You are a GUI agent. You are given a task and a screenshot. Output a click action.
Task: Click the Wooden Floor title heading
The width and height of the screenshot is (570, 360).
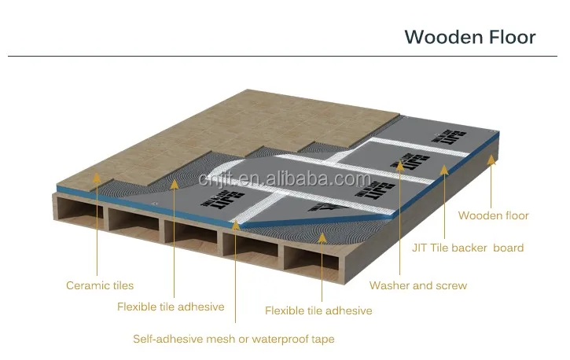click(x=469, y=37)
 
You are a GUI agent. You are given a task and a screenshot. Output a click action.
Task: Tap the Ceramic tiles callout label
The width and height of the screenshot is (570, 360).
click(x=100, y=285)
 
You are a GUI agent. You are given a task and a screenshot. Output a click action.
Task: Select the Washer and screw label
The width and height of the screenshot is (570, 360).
click(x=417, y=285)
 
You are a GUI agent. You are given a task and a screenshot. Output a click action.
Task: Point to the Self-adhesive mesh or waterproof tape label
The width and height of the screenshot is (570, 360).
click(x=234, y=340)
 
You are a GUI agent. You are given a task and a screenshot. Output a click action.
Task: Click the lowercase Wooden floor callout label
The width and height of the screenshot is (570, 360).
click(x=493, y=215)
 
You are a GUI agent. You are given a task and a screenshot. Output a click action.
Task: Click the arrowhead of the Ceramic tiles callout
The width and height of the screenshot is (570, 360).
click(x=97, y=179)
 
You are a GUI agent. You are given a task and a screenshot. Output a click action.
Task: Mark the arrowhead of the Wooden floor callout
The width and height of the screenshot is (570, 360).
click(x=493, y=159)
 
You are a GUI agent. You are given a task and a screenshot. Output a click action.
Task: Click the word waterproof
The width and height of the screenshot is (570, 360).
click(x=280, y=340)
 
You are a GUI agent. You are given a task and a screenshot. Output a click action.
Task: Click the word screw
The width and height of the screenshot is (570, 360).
click(x=451, y=285)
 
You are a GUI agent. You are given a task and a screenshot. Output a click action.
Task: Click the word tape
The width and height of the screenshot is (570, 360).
click(x=322, y=340)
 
